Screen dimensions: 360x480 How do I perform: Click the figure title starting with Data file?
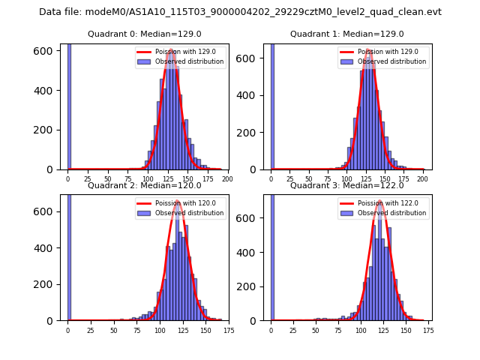pyautogui.click(x=240, y=12)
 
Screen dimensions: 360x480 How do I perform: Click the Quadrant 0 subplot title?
pyautogui.click(x=144, y=34)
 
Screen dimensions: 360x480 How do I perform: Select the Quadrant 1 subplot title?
pyautogui.click(x=346, y=34)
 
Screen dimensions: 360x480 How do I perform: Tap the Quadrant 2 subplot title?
pyautogui.click(x=144, y=185)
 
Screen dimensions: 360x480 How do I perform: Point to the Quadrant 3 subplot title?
pyautogui.click(x=346, y=185)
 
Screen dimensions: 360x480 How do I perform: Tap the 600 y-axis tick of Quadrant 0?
pyautogui.click(x=49, y=50)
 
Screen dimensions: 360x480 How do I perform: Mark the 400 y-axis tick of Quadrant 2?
pyautogui.click(x=49, y=247)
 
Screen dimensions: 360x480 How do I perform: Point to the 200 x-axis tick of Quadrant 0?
pyautogui.click(x=227, y=179)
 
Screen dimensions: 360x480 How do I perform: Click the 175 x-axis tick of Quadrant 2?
pyautogui.click(x=229, y=330)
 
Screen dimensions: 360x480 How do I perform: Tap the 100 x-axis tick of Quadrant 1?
pyautogui.click(x=346, y=179)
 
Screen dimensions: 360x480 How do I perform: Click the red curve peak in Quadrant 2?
pyautogui.click(x=178, y=201)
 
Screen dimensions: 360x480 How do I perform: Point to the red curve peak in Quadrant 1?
pyautogui.click(x=368, y=50)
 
